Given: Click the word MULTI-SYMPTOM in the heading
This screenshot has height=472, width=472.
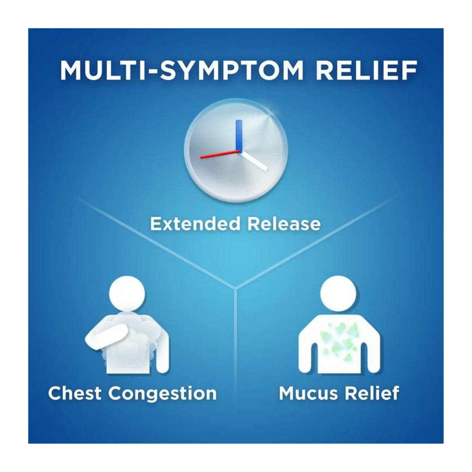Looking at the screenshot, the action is tap(182, 70).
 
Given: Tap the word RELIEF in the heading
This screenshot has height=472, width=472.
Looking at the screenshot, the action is tap(366, 70).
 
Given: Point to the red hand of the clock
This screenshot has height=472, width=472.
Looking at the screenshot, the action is tap(219, 153).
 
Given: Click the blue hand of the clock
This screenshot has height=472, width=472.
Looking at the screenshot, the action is tap(239, 135).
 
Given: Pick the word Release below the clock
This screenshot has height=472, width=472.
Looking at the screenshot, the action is tap(284, 224).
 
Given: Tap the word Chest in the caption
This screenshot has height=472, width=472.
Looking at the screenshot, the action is tap(75, 393).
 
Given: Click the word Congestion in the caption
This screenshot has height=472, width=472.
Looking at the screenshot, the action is tap(162, 394).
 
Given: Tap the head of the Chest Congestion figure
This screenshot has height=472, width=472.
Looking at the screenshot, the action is tap(127, 294).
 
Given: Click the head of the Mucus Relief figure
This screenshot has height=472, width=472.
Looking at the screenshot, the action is tap(339, 294).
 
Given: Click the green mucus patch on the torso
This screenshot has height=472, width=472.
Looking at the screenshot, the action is tap(339, 340).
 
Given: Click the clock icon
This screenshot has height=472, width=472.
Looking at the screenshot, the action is tap(236, 150).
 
